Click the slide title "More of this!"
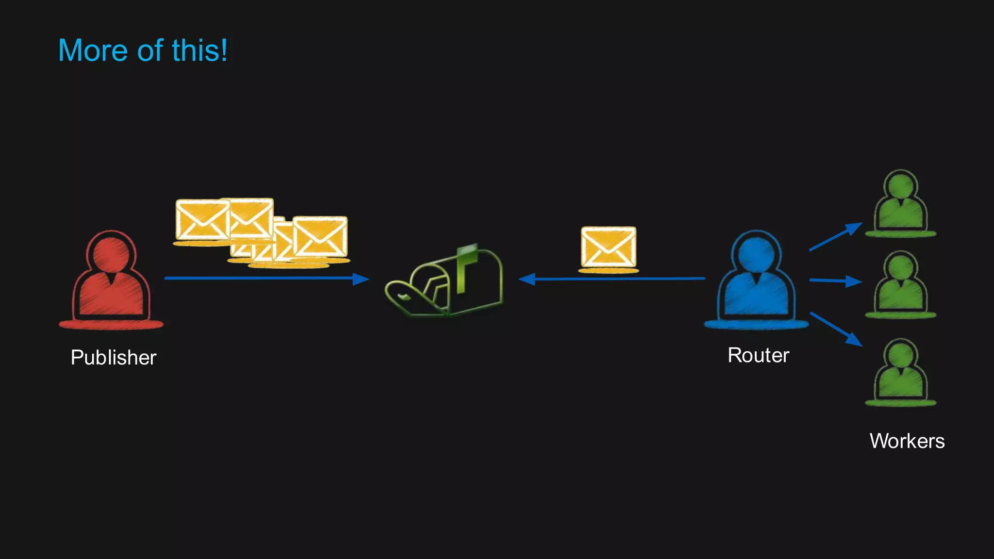pos(143,50)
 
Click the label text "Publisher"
pos(114,358)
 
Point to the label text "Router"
pos(758,355)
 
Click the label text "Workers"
pos(907,441)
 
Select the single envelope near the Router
pos(608,247)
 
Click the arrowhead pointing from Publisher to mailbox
pos(361,279)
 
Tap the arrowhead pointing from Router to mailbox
pos(527,279)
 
